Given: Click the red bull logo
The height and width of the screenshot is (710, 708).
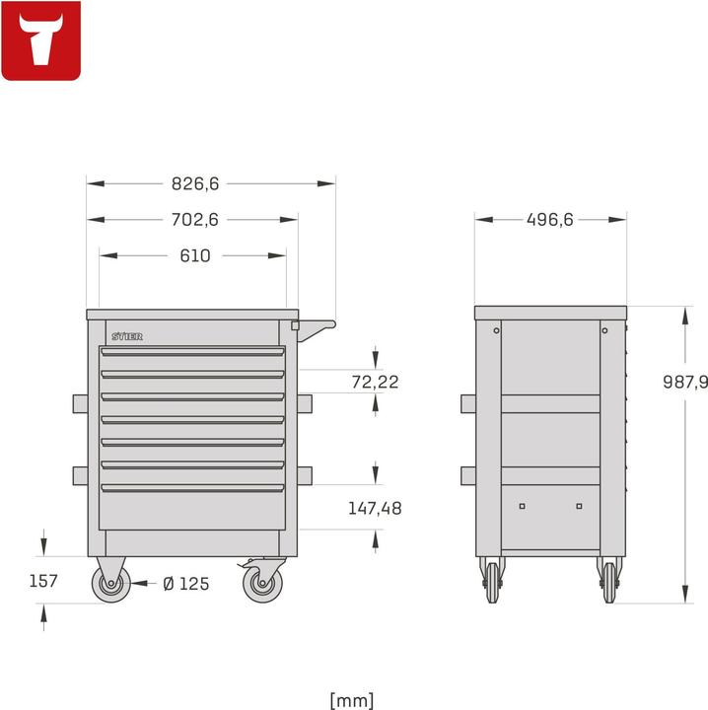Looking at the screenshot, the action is click(41, 40).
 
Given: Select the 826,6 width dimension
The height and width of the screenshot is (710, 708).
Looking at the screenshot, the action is click(195, 183).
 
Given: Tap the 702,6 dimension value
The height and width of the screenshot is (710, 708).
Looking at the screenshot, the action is click(195, 220).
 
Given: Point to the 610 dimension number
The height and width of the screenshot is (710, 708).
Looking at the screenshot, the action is click(195, 255).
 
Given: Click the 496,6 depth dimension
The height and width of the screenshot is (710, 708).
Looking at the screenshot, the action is click(550, 220).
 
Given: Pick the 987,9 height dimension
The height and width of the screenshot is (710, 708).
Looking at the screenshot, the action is click(685, 382).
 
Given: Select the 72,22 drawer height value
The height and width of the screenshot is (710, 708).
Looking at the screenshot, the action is click(376, 382).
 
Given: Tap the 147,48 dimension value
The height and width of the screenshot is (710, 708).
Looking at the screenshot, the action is click(375, 508).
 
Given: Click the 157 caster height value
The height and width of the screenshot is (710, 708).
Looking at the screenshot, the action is click(43, 581).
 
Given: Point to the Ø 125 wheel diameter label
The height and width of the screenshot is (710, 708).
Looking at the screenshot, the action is click(186, 584).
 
